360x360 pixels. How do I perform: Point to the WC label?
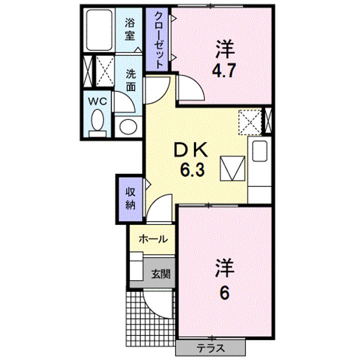pyautogui.click(x=98, y=100)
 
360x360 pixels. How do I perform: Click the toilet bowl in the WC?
pyautogui.click(x=98, y=121)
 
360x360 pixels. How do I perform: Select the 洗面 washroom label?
pyautogui.click(x=130, y=79)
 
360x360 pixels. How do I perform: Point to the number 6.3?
pyautogui.click(x=192, y=171)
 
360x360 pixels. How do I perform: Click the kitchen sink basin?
pyautogui.click(x=260, y=150)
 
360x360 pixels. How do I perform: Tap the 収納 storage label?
pyautogui.click(x=130, y=198)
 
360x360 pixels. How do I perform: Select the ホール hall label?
pyautogui.click(x=152, y=239)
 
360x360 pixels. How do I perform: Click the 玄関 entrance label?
pyautogui.click(x=160, y=273)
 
